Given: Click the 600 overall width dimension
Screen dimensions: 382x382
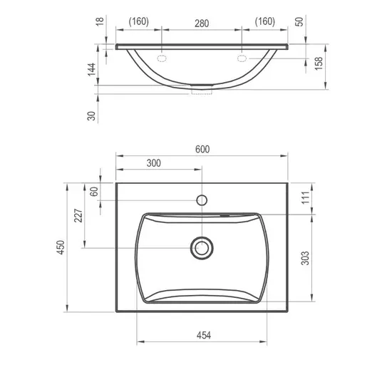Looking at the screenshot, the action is (202, 149).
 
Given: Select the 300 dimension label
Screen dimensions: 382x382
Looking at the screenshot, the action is (154, 163).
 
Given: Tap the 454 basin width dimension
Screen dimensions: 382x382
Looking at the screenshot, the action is (204, 335).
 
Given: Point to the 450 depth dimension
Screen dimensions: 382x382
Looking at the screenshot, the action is (61, 247).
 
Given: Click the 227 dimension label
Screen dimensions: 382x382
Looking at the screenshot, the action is (78, 215).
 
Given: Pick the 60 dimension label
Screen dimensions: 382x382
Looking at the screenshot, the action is (94, 192).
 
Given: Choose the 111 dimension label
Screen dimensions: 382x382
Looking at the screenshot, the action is (305, 197).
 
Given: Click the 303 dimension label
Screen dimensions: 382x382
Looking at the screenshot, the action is (305, 258).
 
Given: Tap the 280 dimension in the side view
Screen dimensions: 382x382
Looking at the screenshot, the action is (202, 24).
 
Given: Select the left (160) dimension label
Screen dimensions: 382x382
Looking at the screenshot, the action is (139, 21).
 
